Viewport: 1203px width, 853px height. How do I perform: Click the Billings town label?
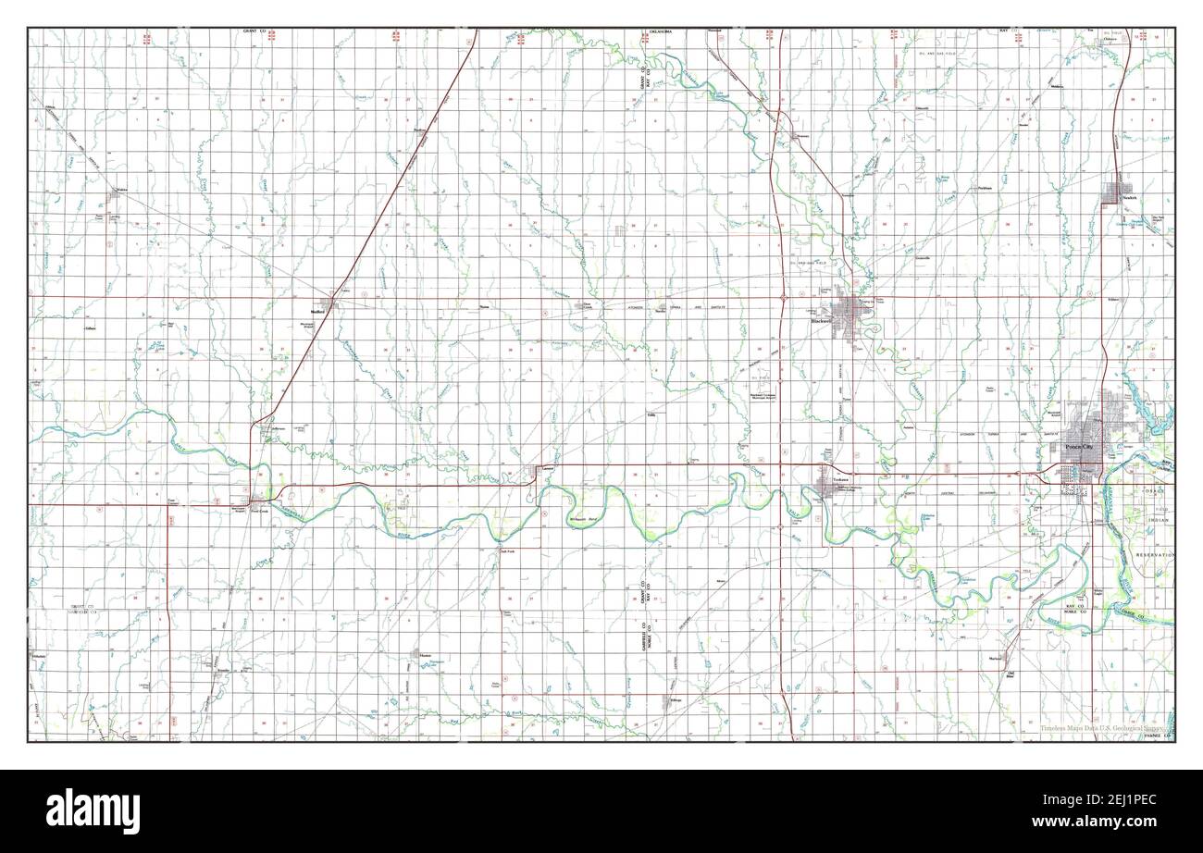pos(676,699)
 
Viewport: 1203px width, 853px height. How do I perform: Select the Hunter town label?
pos(425,655)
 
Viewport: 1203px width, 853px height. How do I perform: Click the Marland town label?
pos(995,658)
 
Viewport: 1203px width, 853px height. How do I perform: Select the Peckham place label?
pos(984,188)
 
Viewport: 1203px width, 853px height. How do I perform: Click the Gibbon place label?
pos(90,328)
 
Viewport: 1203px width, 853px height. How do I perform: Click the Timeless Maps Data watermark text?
pos(1092,729)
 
